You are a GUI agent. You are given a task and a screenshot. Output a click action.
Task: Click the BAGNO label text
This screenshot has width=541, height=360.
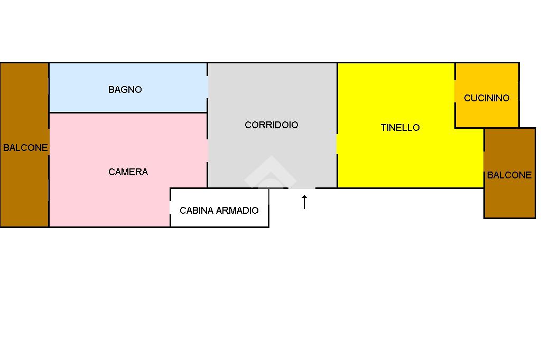click(125, 90)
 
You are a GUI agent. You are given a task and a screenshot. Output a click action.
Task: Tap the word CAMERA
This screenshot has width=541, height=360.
click(128, 172)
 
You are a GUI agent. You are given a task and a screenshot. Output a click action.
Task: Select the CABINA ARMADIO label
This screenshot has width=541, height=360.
click(219, 211)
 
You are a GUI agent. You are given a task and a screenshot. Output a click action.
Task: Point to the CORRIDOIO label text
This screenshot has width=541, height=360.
click(272, 125)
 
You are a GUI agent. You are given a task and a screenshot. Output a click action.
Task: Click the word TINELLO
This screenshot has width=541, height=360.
click(400, 128)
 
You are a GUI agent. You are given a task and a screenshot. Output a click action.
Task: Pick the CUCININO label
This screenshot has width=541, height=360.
click(487, 98)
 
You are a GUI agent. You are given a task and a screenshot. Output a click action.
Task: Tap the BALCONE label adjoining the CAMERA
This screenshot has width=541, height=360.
click(25, 148)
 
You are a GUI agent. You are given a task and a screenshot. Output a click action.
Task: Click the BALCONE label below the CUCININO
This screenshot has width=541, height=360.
click(509, 175)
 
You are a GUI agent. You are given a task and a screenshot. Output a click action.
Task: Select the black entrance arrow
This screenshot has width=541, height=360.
click(304, 202)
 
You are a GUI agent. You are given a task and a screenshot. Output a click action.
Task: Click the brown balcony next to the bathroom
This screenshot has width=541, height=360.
click(24, 95)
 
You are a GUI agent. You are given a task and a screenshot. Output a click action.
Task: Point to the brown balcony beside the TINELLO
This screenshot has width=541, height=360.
click(509, 201)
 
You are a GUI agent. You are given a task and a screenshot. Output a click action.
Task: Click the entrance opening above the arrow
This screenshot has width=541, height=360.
click(302, 188)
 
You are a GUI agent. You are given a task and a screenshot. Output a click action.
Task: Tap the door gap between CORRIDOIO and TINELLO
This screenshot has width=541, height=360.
click(337, 144)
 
